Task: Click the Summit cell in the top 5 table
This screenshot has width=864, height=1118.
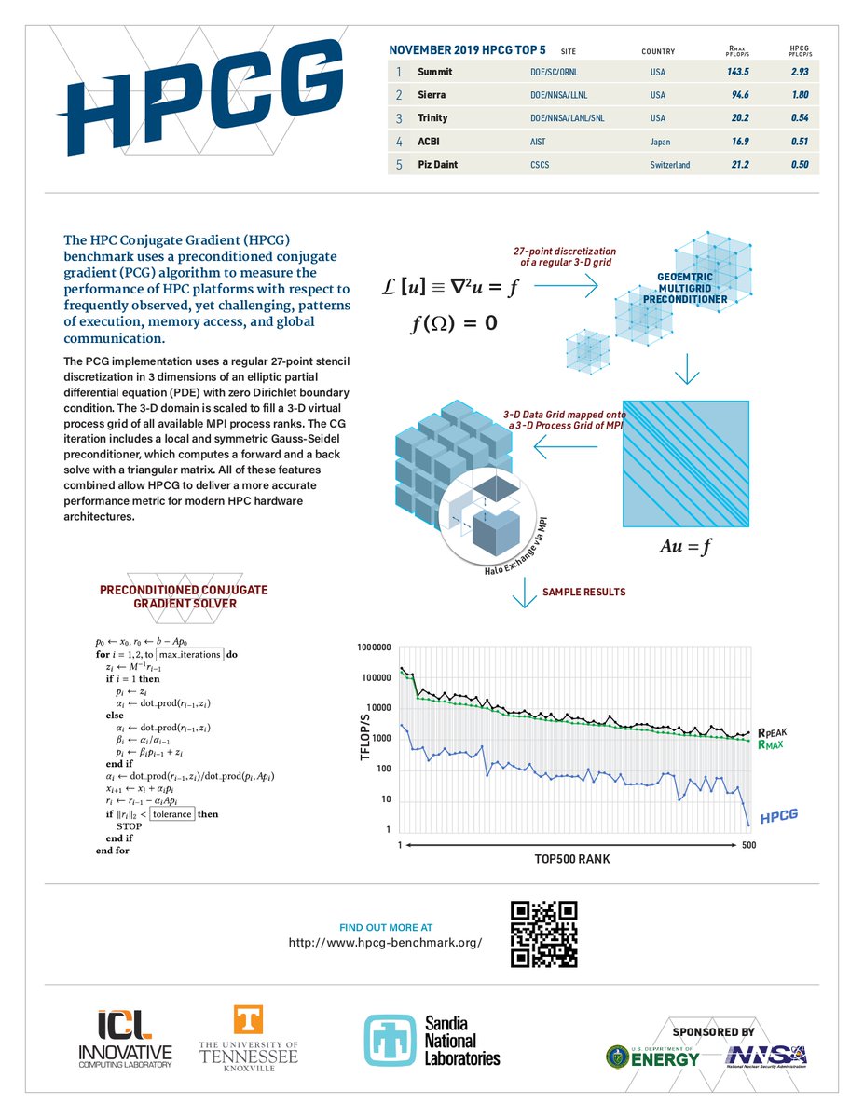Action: coord(435,72)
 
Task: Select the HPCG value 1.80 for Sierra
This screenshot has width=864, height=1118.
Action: coord(794,95)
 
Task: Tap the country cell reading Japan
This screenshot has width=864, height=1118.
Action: coord(661,142)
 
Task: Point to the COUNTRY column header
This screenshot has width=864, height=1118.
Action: coord(658,51)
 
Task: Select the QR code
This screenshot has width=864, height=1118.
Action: coord(545,934)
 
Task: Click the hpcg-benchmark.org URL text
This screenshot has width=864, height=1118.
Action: coord(385,943)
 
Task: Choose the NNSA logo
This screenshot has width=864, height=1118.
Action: coord(766,1056)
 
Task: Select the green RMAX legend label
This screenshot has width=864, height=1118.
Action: coord(773,745)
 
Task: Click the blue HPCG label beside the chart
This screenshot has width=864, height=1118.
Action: coord(779,818)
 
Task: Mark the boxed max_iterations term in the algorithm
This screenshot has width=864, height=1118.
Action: coord(189,654)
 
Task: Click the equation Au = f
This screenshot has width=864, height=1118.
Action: coord(685,547)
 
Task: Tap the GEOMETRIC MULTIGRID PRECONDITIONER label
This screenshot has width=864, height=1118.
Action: coord(685,287)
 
